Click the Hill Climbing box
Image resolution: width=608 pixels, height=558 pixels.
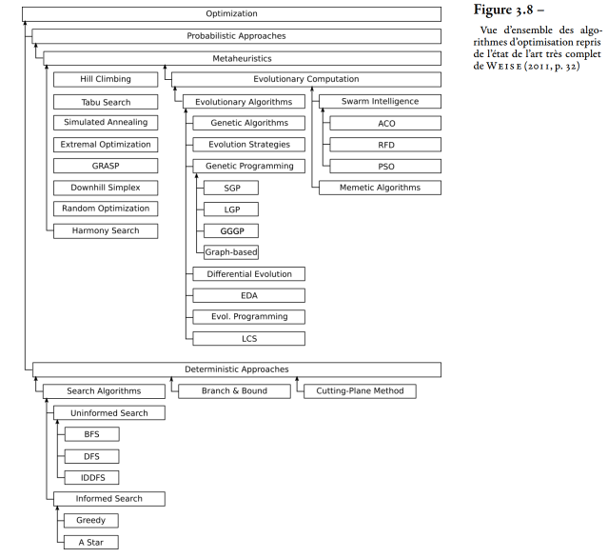pyautogui.click(x=106, y=79)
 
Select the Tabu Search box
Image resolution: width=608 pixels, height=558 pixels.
pyautogui.click(x=106, y=102)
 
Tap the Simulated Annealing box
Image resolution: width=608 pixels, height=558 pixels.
pyautogui.click(x=106, y=122)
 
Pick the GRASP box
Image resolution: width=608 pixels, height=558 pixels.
pyautogui.click(x=106, y=166)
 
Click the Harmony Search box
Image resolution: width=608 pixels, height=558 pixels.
pyautogui.click(x=106, y=230)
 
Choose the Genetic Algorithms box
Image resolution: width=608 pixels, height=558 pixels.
pyautogui.click(x=249, y=123)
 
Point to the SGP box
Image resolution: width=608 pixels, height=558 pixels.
pyautogui.click(x=231, y=188)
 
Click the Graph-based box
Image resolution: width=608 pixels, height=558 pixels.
pyautogui.click(x=231, y=252)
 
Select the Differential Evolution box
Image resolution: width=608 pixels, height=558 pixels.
pyautogui.click(x=249, y=274)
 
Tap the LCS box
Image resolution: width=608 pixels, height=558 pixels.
pyautogui.click(x=249, y=338)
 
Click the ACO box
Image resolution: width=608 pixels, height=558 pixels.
pyautogui.click(x=385, y=124)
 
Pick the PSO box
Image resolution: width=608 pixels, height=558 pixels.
pyautogui.click(x=385, y=166)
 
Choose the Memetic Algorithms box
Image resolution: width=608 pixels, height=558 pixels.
pyautogui.click(x=380, y=188)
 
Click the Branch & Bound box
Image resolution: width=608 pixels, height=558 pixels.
pyautogui.click(x=234, y=391)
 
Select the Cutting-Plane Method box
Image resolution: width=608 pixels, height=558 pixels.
pyautogui.click(x=360, y=391)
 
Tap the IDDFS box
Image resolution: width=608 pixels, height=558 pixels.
pyautogui.click(x=92, y=477)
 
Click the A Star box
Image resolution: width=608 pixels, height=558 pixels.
pyautogui.click(x=91, y=542)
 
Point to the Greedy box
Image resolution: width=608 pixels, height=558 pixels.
pyautogui.click(x=91, y=520)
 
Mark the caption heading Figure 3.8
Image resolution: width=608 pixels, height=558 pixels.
pyautogui.click(x=503, y=10)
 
